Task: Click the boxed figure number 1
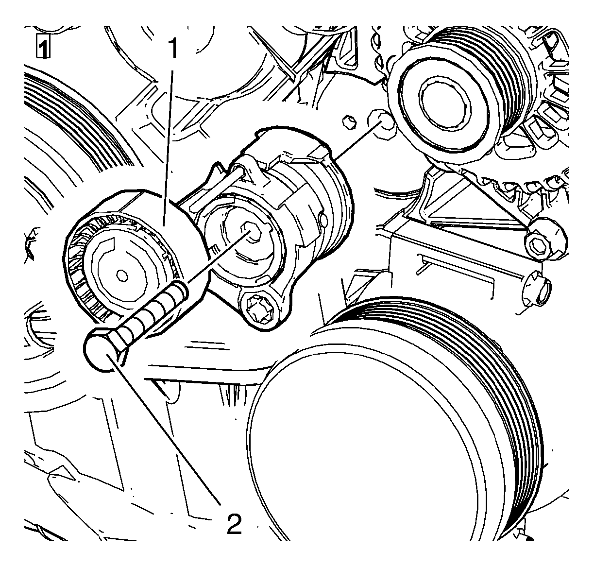point(43,47)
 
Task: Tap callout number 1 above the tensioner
point(173,49)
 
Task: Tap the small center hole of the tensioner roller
point(122,275)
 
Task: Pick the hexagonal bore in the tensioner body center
point(251,233)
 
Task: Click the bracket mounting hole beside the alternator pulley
point(381,124)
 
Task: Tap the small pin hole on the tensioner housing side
point(323,220)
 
